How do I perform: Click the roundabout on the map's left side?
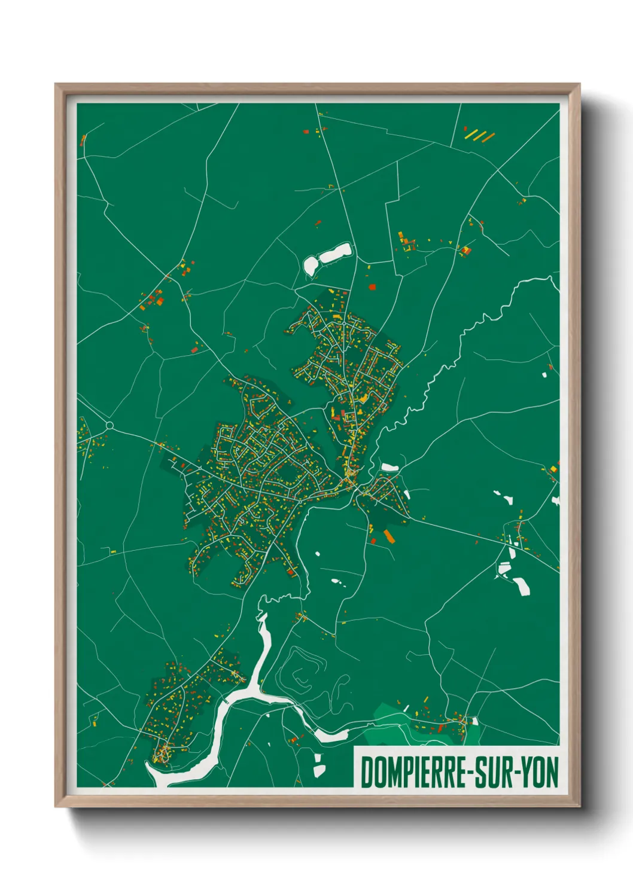point(109,425)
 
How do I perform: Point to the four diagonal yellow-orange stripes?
point(480,136)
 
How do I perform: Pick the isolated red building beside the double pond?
point(372,286)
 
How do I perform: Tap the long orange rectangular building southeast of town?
point(389,536)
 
